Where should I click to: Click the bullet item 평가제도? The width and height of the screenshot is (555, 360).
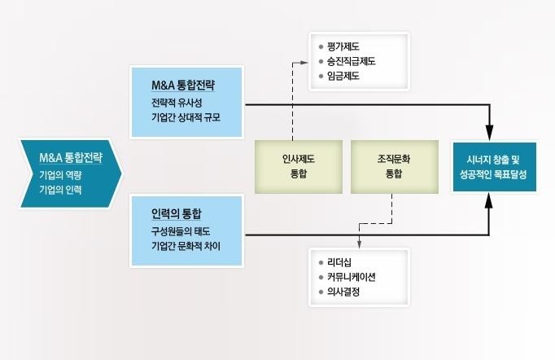[343, 46]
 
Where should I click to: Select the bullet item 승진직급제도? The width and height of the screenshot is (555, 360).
[351, 61]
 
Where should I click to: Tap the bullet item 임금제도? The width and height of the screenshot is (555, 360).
[343, 76]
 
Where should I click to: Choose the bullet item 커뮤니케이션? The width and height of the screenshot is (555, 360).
[351, 277]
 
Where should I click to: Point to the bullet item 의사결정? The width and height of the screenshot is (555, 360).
[343, 292]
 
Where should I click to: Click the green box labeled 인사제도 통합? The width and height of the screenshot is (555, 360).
[299, 167]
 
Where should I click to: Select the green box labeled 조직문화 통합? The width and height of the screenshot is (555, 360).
[395, 167]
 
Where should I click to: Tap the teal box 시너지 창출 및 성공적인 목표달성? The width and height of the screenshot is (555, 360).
[495, 167]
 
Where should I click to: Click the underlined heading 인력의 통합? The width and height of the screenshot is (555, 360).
[177, 213]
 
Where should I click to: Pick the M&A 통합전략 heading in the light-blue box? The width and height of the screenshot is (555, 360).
[183, 85]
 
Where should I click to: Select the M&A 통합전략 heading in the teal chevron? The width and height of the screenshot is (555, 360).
[71, 158]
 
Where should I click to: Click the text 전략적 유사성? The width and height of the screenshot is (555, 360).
[177, 103]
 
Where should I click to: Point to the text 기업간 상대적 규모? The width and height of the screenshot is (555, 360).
[186, 117]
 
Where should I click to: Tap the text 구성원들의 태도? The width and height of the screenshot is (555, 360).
[181, 231]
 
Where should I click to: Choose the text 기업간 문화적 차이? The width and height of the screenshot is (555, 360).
[186, 246]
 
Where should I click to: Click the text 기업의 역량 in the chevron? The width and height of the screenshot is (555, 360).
[60, 175]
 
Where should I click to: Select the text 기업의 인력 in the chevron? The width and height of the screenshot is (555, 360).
[60, 190]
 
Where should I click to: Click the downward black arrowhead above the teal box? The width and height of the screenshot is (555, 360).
[489, 133]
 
